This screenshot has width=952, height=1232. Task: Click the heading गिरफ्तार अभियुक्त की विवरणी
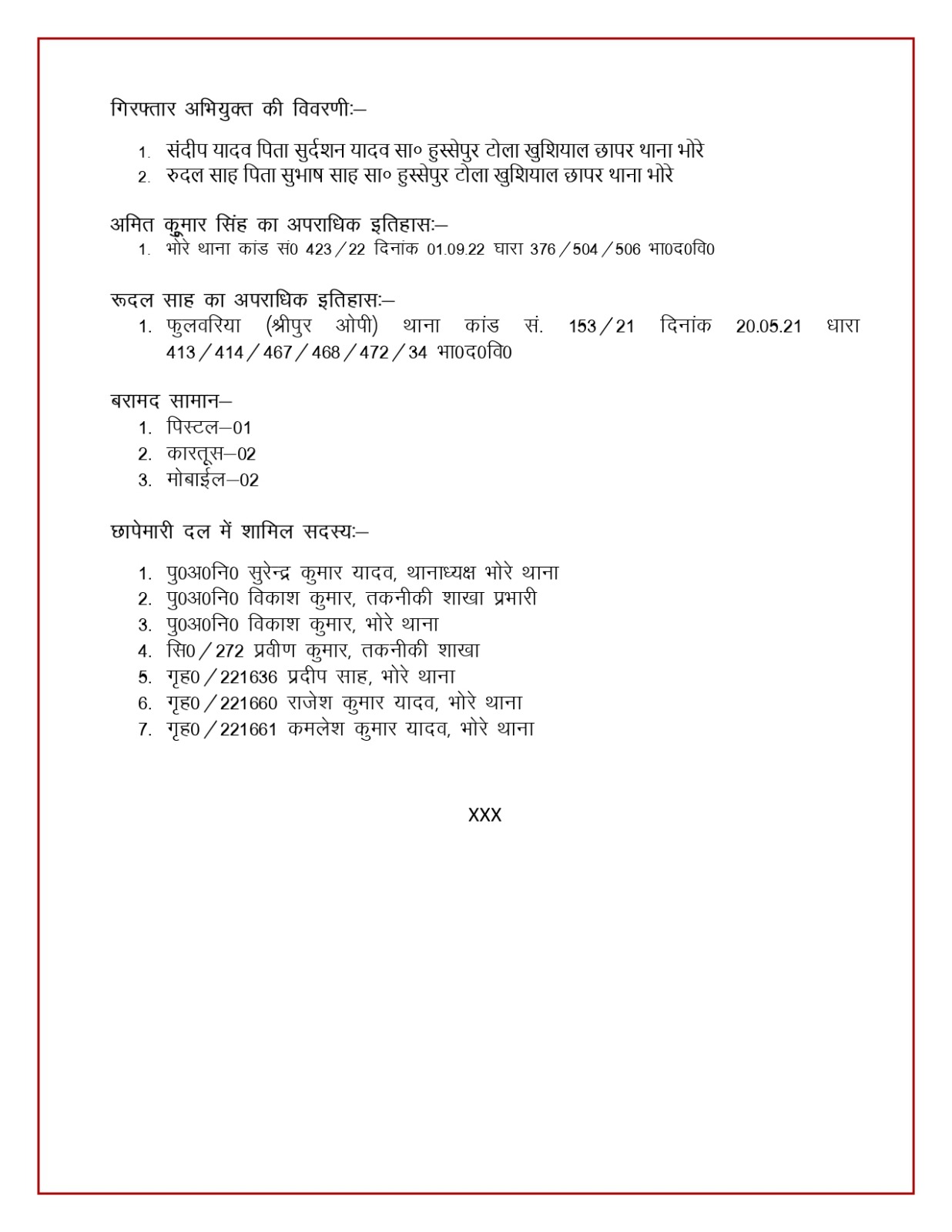(x=237, y=109)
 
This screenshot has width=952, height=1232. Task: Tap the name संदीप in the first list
(x=185, y=151)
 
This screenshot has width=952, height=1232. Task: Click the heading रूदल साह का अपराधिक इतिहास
(x=252, y=300)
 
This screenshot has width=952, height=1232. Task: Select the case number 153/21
(x=602, y=326)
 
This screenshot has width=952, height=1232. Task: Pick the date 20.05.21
(x=768, y=326)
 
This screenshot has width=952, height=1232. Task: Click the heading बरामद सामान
(x=170, y=401)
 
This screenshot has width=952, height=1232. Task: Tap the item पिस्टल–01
(x=209, y=428)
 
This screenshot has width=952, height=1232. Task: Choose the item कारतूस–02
(x=211, y=454)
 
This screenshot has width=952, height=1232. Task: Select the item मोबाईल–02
(x=213, y=480)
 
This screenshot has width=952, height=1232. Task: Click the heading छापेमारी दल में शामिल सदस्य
(x=239, y=531)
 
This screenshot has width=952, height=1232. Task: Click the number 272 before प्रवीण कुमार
(x=230, y=651)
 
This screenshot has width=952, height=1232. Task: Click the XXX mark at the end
(x=484, y=815)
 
